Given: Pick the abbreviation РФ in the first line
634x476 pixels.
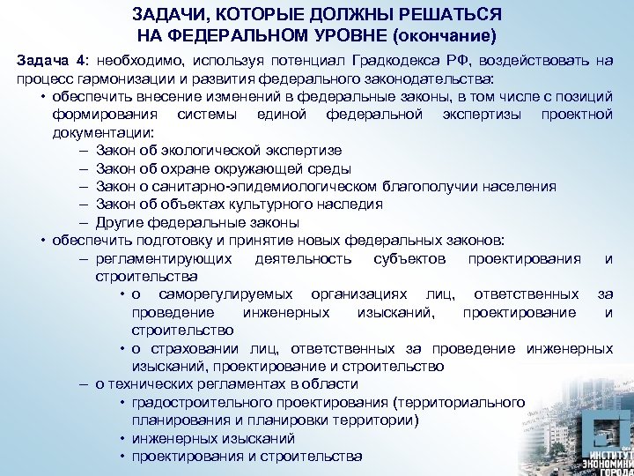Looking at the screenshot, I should (x=437, y=60).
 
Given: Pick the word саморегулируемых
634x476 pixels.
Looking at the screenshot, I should (x=221, y=294).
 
